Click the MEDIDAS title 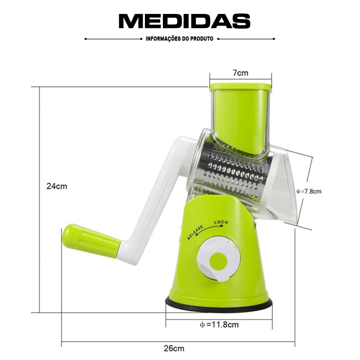point(184,21)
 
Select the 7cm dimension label point(240,73)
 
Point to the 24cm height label point(57,186)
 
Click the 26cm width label point(174,348)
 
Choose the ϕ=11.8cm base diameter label point(219,324)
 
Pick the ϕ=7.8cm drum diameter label point(309,191)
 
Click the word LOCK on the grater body point(221,222)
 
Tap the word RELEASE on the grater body point(195,232)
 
